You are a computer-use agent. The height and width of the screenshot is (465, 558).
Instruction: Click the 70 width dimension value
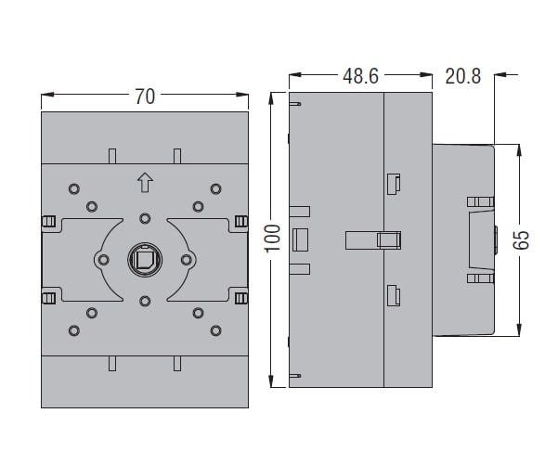(x=145, y=97)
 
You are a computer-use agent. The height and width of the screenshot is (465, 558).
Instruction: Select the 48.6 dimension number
(x=360, y=76)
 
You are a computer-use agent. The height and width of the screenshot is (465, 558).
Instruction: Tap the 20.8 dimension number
(x=463, y=76)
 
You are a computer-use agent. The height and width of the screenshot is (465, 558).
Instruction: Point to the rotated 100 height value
(x=273, y=239)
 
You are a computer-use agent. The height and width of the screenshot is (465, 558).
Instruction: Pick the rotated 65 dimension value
(x=522, y=240)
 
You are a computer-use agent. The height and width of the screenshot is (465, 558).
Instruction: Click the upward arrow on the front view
(x=145, y=182)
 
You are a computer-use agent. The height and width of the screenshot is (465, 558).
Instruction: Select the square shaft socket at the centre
(x=145, y=260)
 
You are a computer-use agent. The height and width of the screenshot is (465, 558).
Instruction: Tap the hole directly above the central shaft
(x=145, y=218)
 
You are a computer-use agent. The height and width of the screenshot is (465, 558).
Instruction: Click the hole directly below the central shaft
(x=145, y=302)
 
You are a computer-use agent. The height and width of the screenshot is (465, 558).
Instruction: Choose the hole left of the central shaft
(x=104, y=260)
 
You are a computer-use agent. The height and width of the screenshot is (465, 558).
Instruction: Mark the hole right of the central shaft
(x=186, y=260)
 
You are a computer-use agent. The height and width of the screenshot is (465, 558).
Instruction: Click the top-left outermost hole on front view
(x=74, y=188)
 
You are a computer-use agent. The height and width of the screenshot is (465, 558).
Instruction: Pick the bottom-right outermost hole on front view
(x=215, y=330)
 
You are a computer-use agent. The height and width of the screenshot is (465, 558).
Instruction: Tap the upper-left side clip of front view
(x=48, y=221)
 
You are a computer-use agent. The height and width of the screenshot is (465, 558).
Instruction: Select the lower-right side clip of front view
(x=241, y=298)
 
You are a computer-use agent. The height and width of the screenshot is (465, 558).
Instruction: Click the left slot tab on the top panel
(x=112, y=156)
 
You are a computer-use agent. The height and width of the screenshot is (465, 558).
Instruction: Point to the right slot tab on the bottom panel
(x=177, y=363)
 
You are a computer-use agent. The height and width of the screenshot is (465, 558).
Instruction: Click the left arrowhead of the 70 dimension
(x=47, y=95)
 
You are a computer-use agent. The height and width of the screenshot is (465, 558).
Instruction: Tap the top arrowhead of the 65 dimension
(x=519, y=150)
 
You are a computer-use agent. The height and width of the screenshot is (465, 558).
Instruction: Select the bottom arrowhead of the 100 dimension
(x=272, y=381)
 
